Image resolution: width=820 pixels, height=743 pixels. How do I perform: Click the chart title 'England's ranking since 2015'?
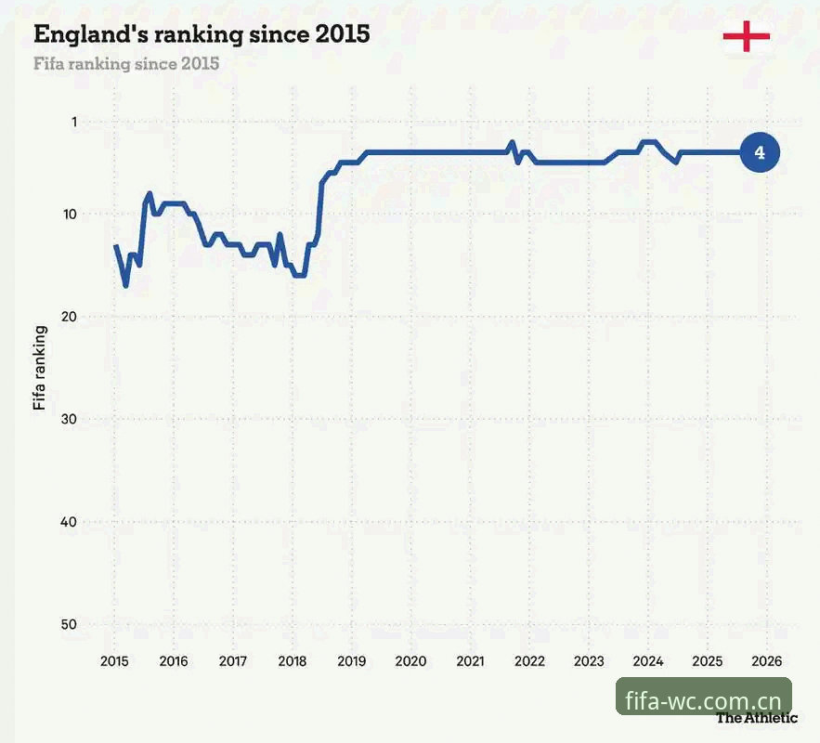click(202, 35)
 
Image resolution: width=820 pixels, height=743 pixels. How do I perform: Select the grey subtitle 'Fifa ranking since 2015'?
click(126, 64)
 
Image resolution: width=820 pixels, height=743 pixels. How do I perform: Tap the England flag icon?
click(747, 36)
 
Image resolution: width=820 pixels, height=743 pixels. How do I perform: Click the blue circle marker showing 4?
click(760, 152)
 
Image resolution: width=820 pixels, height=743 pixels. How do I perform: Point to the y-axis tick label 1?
click(74, 123)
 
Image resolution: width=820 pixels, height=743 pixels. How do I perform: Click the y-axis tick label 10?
click(70, 215)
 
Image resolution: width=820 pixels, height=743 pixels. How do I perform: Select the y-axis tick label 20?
click(69, 317)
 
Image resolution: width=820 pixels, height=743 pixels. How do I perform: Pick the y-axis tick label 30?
click(69, 420)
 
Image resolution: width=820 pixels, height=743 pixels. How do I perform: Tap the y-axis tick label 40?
click(69, 522)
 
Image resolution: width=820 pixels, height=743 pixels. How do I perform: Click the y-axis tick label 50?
click(69, 624)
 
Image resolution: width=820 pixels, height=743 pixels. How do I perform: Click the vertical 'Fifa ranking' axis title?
click(40, 368)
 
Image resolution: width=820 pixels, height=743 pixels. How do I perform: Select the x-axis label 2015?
click(114, 661)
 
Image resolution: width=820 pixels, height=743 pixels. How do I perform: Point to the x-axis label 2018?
click(293, 661)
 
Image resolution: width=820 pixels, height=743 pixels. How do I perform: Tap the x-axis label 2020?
click(411, 661)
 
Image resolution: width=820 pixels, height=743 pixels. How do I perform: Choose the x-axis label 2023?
click(589, 661)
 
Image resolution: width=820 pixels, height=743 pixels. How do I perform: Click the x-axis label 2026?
click(767, 661)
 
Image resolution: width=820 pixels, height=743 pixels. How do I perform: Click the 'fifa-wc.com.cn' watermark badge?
click(704, 696)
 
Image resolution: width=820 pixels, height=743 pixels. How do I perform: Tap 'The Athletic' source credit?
click(757, 718)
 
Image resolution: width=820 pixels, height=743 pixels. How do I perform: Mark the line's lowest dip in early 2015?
click(126, 286)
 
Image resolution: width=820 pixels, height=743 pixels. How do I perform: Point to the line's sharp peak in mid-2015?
click(150, 193)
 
